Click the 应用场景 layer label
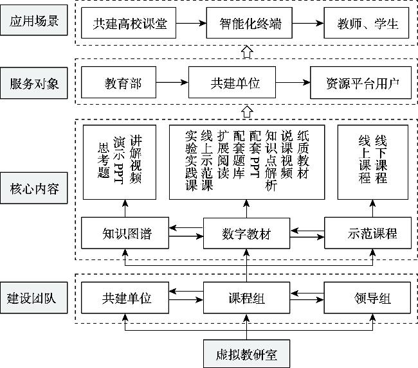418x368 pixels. [35, 22]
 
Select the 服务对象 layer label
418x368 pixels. [35, 84]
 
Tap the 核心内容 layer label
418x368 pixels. [35, 189]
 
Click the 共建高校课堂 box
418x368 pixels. [129, 25]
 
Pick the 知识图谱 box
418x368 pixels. [125, 233]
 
